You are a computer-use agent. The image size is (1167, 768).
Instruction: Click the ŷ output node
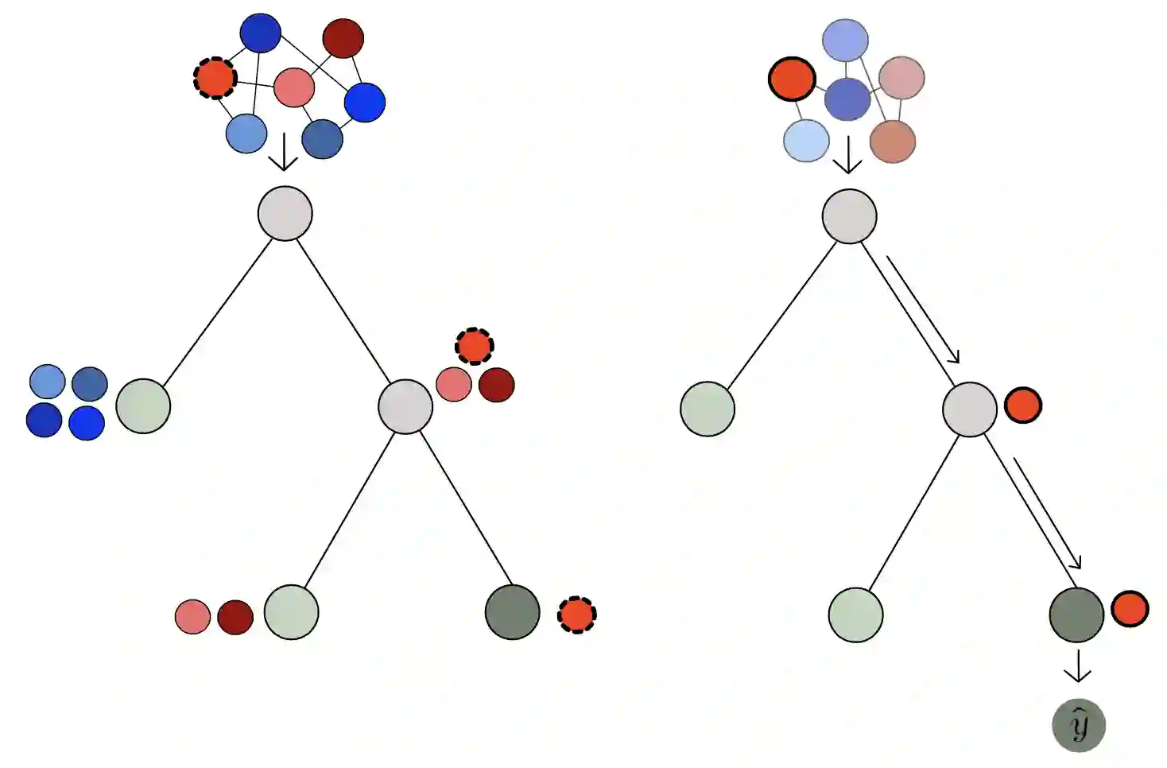click(1078, 725)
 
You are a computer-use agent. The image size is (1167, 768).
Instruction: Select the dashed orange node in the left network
click(215, 78)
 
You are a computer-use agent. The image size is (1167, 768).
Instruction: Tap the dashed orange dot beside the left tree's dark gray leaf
click(576, 614)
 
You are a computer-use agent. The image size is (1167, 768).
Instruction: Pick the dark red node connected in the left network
click(343, 38)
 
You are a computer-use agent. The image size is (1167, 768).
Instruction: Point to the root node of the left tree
click(285, 213)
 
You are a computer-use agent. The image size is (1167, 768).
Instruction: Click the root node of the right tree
click(849, 216)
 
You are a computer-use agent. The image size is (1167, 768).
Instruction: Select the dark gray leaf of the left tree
click(512, 612)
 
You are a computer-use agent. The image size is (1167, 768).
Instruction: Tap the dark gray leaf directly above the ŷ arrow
click(1076, 615)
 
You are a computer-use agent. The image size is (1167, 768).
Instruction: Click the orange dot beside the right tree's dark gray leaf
click(1130, 610)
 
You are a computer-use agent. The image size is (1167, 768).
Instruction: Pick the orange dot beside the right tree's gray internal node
click(1023, 405)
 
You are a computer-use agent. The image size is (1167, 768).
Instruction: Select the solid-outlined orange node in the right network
click(792, 80)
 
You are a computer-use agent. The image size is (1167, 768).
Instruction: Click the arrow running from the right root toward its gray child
click(923, 309)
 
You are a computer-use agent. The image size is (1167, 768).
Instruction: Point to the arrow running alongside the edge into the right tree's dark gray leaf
click(1047, 513)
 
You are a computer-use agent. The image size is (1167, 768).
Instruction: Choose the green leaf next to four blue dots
click(143, 406)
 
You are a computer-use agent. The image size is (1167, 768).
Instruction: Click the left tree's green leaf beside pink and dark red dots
click(291, 612)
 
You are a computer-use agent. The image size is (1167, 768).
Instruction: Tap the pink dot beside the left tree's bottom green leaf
click(192, 617)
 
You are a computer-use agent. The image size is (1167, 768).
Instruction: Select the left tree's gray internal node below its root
click(405, 406)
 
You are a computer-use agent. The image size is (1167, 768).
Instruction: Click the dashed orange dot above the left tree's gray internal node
click(475, 346)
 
